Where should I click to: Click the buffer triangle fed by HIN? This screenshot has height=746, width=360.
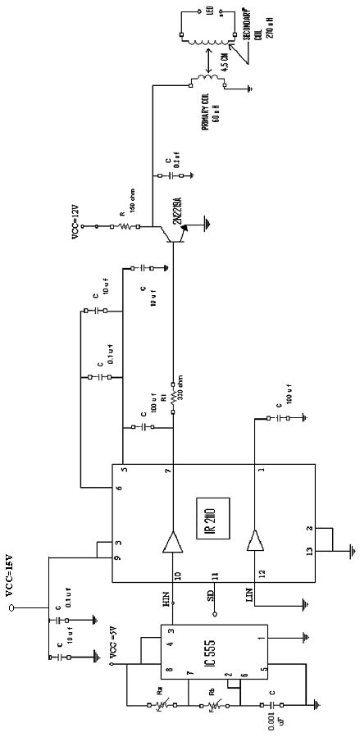[x=173, y=540]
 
